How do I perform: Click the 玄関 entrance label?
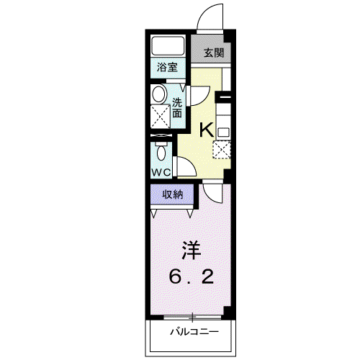tap(214, 53)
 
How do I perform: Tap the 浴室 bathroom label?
tap(167, 67)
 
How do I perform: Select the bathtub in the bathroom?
tap(168, 46)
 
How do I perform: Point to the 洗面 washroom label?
tap(177, 108)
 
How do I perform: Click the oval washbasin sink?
tap(160, 94)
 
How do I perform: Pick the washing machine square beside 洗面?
tap(161, 117)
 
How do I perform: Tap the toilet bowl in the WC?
tap(161, 152)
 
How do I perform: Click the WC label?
tap(161, 172)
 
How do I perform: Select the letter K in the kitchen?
tap(207, 130)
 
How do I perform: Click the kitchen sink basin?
tap(223, 132)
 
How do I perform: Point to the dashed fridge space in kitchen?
tap(222, 150)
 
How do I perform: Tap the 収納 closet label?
tap(173, 194)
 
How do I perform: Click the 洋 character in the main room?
tap(192, 250)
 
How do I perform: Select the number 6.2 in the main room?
tap(192, 276)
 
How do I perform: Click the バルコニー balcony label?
tap(194, 332)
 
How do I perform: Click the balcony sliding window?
tap(192, 318)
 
